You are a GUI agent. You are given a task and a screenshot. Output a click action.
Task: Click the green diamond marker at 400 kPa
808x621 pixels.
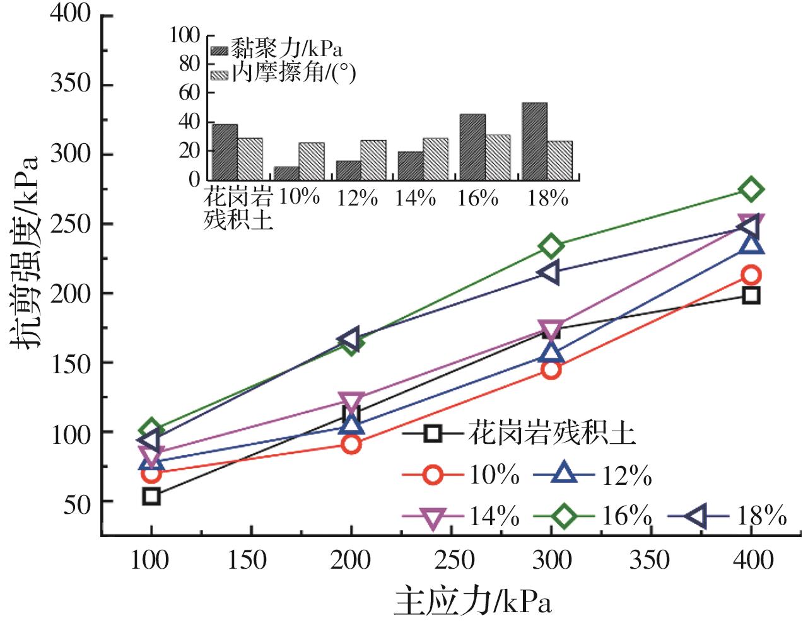[x=751, y=189]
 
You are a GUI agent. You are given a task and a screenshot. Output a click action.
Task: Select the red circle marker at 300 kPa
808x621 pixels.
[x=551, y=369]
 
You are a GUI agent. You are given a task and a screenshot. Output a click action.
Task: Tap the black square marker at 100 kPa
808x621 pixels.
[x=151, y=496]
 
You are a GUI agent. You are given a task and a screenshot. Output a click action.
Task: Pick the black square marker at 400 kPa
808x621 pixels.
[x=751, y=295]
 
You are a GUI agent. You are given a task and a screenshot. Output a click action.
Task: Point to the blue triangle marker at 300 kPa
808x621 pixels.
[x=551, y=352]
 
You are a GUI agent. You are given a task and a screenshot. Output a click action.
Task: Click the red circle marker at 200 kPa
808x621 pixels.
[x=351, y=444]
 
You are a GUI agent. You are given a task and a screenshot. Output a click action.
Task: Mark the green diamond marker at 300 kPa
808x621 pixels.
[x=551, y=246]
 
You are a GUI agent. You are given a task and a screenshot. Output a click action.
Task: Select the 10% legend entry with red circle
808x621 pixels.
[x=461, y=474]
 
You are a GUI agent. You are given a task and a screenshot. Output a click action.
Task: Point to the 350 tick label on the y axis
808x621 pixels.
[x=71, y=84]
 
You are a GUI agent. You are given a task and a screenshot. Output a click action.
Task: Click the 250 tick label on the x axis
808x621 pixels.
[x=453, y=560]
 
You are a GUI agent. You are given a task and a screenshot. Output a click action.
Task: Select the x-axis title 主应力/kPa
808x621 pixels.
[x=473, y=601]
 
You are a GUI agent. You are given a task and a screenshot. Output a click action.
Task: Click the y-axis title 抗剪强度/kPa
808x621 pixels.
[x=25, y=252]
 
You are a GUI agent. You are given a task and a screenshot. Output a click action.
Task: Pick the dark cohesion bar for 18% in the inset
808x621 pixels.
[x=534, y=141]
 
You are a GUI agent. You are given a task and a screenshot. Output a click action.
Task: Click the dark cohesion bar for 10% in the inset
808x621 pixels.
[x=286, y=173]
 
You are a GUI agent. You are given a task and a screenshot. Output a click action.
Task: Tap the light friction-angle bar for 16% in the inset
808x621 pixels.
[x=498, y=157]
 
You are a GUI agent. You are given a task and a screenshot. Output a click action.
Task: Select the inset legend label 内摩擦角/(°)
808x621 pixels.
[x=293, y=73]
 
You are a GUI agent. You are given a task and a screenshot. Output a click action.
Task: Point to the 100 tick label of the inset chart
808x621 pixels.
[x=184, y=35]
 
